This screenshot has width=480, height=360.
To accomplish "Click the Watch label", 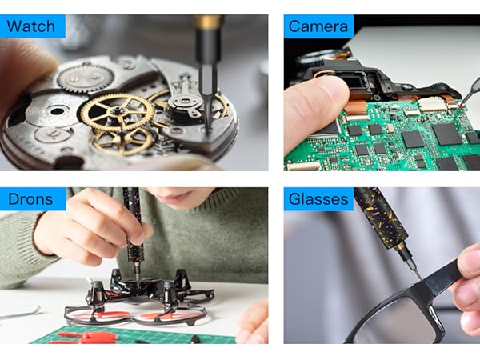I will tap(33, 26).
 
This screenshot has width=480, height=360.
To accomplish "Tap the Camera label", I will tap(318, 26).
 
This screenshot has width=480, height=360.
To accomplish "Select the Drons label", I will tap(30, 198).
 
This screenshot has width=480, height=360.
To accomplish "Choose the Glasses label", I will tap(319, 198).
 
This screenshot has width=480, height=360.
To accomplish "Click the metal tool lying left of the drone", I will tap(20, 313).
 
